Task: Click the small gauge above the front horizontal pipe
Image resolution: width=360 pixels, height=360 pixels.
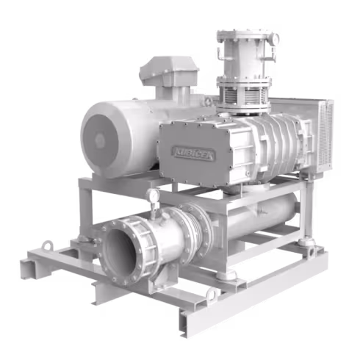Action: [x=153, y=196]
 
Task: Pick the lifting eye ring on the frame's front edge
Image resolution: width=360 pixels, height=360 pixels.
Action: [x=212, y=295]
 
